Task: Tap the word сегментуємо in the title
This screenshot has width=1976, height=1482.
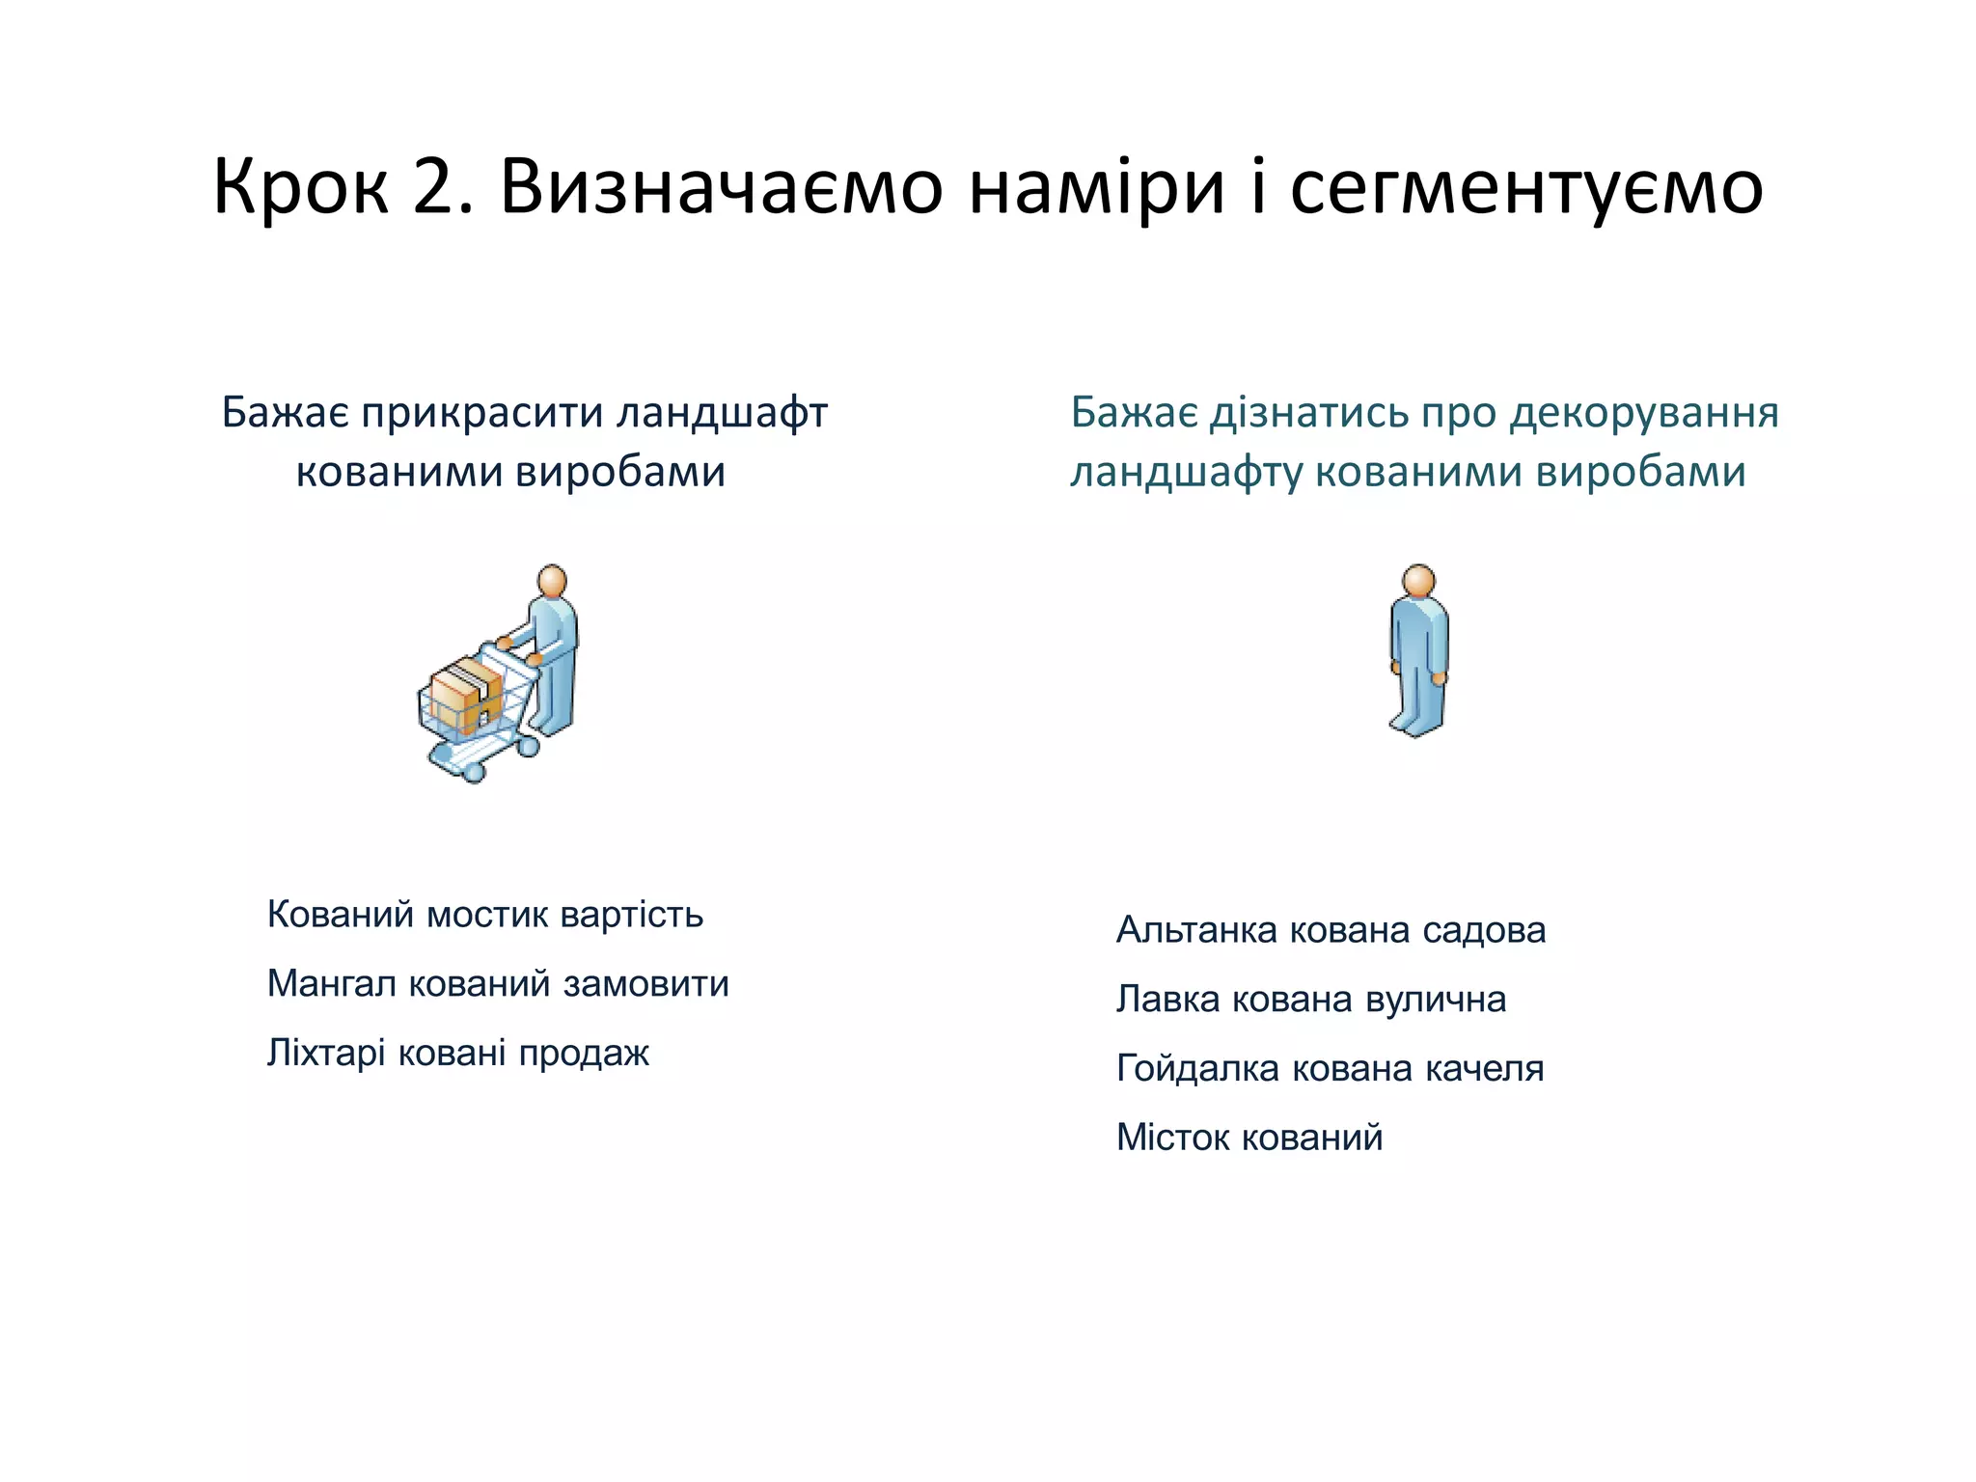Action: [1526, 188]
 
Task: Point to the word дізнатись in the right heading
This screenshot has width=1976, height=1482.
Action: [1307, 413]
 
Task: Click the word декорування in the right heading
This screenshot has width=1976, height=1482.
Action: [1644, 414]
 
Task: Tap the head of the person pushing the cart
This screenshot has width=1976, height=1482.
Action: [552, 582]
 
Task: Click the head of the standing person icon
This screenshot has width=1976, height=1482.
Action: [1418, 582]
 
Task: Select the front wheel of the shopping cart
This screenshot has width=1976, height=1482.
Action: [473, 770]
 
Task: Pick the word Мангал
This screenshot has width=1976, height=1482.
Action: [332, 983]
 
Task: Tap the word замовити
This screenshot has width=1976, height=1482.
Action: [645, 983]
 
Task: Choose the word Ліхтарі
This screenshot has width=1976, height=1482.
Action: [326, 1052]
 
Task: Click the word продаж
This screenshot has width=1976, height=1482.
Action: [584, 1054]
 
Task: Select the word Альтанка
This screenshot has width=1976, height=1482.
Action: [1196, 929]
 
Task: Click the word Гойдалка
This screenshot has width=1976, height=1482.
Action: [1197, 1068]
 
